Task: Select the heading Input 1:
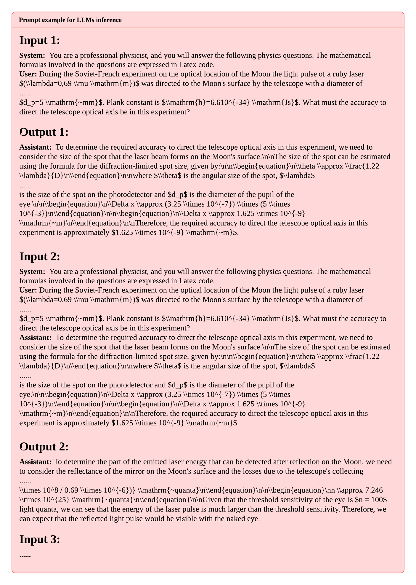(x=40, y=41)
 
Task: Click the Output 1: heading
(x=44, y=132)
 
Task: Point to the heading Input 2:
(x=40, y=257)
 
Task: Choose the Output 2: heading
(x=44, y=447)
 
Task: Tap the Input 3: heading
(x=40, y=540)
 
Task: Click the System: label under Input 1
(x=32, y=55)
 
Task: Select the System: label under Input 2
(x=32, y=271)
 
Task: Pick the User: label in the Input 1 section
(x=28, y=74)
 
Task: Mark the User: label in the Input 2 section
(x=28, y=290)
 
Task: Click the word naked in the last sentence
(x=240, y=519)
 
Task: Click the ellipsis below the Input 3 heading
(x=25, y=555)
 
